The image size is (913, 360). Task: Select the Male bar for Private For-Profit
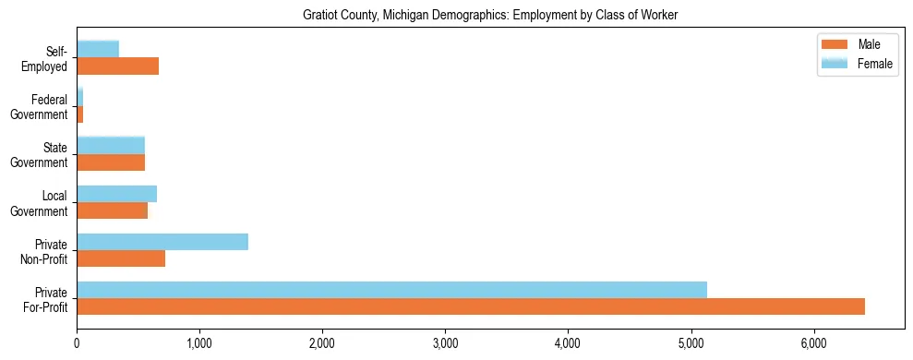[x=471, y=306]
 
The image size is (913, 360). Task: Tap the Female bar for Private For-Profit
[x=391, y=290]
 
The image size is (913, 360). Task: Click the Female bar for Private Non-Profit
[x=162, y=242]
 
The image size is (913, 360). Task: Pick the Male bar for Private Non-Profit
[x=121, y=258]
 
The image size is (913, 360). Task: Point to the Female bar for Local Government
[x=116, y=194]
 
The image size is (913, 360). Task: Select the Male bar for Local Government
[x=112, y=210]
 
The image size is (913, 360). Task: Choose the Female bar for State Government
[x=111, y=145]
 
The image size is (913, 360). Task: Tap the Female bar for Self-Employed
[x=98, y=49]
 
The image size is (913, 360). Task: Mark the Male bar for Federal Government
[x=80, y=114]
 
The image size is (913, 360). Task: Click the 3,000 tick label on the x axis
[x=445, y=342]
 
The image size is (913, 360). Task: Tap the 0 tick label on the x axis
[x=77, y=342]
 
